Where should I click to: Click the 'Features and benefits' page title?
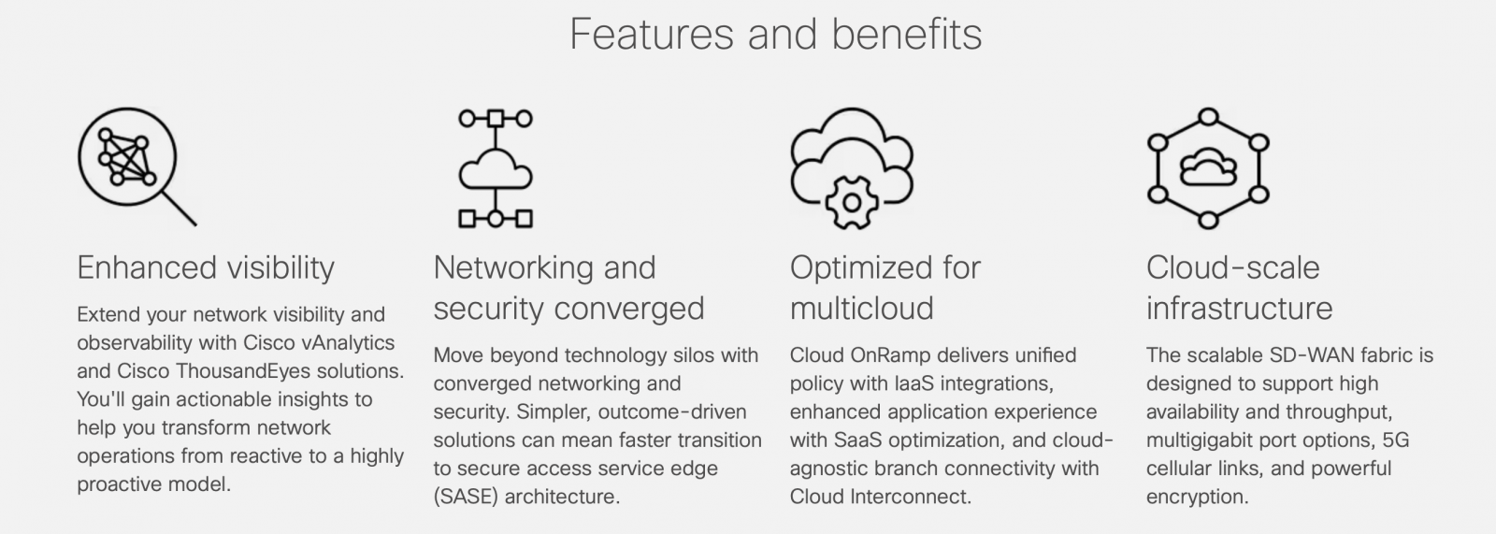click(x=775, y=34)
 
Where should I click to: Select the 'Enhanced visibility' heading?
click(x=206, y=268)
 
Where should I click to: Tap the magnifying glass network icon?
click(x=137, y=166)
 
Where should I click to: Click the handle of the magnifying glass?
click(x=180, y=209)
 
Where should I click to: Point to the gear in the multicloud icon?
click(x=852, y=203)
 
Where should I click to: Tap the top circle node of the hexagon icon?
click(x=1208, y=117)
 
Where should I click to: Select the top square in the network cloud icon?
click(x=495, y=118)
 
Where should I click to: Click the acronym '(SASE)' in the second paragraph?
click(x=466, y=497)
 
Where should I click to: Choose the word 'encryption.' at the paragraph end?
click(x=1198, y=498)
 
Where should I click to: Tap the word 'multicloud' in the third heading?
click(x=861, y=309)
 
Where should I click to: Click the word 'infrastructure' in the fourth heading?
click(x=1240, y=309)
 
